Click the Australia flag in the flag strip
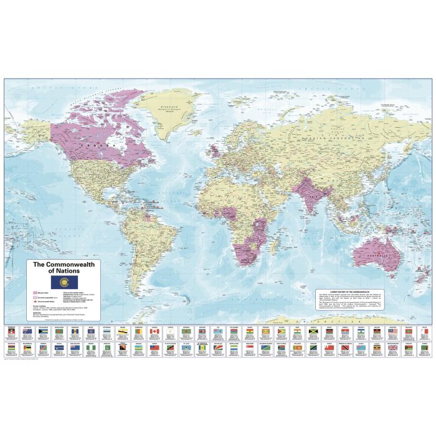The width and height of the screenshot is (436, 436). click(x=27, y=331)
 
